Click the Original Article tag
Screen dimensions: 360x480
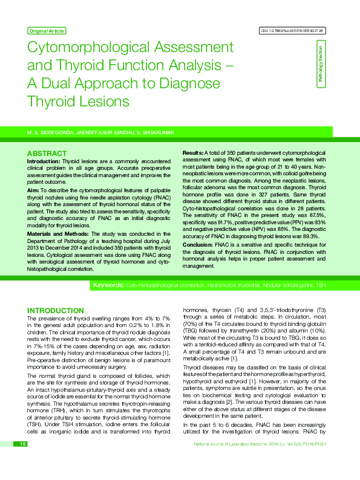click(47, 31)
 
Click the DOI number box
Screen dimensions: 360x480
click(292, 30)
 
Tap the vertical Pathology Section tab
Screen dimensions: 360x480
click(321, 65)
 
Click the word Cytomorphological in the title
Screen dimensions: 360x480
click(90, 48)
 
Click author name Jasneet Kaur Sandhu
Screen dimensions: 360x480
click(102, 131)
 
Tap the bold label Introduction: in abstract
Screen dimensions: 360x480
click(44, 162)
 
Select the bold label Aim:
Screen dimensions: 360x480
click(33, 190)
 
